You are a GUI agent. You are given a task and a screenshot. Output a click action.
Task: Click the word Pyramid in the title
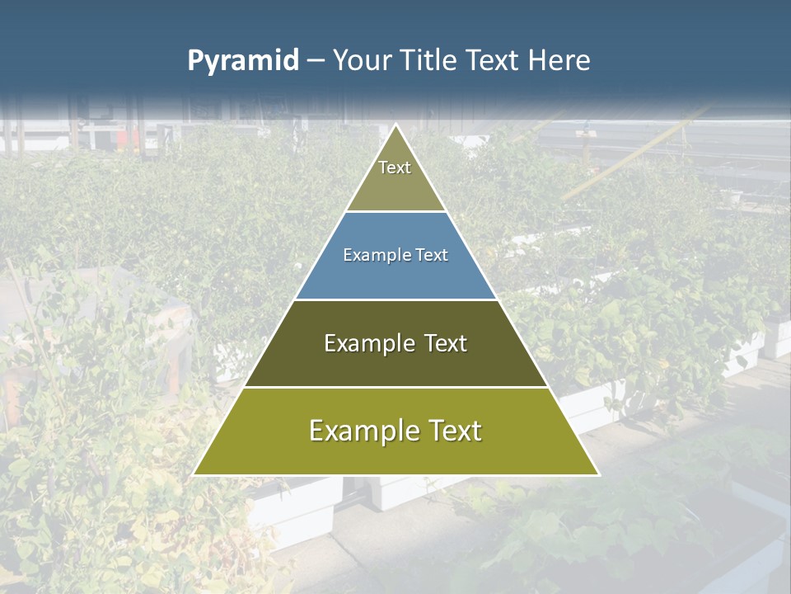click(x=242, y=61)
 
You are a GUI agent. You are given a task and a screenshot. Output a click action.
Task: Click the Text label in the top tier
click(x=395, y=167)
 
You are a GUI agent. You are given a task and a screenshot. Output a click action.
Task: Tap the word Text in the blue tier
click(x=432, y=256)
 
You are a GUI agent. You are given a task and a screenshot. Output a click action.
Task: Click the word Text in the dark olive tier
click(x=446, y=343)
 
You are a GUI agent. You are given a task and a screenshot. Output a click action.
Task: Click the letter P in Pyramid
click(x=195, y=61)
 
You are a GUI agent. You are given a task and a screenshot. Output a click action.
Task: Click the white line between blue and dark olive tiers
click(x=396, y=299)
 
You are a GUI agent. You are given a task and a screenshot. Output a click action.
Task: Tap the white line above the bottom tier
click(x=396, y=387)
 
